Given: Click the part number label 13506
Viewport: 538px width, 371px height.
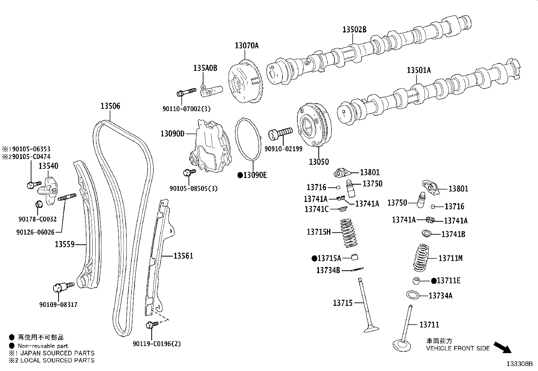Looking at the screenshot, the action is (110, 106).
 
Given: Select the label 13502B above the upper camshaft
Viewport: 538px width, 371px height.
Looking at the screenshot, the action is (354, 29).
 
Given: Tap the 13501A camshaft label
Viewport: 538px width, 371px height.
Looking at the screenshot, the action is (419, 70).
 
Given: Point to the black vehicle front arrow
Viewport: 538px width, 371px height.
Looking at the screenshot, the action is (503, 347).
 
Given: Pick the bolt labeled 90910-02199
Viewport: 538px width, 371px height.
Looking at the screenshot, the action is (280, 133).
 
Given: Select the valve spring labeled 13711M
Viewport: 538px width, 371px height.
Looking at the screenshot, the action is (421, 258).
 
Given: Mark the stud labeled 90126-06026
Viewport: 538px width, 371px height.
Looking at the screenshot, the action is (67, 197).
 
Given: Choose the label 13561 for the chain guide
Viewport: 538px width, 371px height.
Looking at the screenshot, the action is (183, 256).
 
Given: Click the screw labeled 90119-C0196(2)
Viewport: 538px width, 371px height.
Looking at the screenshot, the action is (152, 325).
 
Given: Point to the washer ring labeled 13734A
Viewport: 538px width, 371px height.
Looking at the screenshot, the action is (413, 295).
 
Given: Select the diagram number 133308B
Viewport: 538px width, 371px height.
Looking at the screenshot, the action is (519, 364).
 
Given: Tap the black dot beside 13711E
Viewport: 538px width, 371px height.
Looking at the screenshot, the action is (434, 281).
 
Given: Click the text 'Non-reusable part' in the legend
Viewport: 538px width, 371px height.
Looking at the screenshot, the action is (43, 346).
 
